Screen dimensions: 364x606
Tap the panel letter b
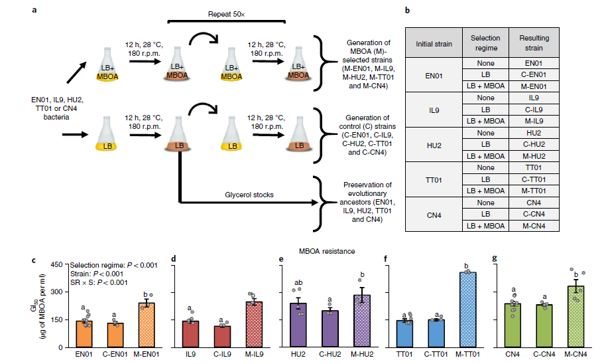(x=406, y=11)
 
